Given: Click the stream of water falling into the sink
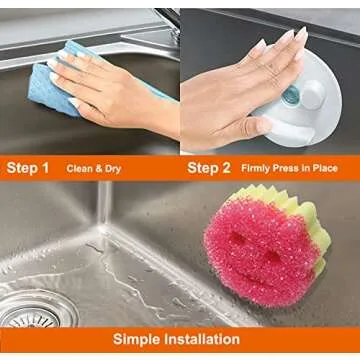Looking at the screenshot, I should [102, 210].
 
